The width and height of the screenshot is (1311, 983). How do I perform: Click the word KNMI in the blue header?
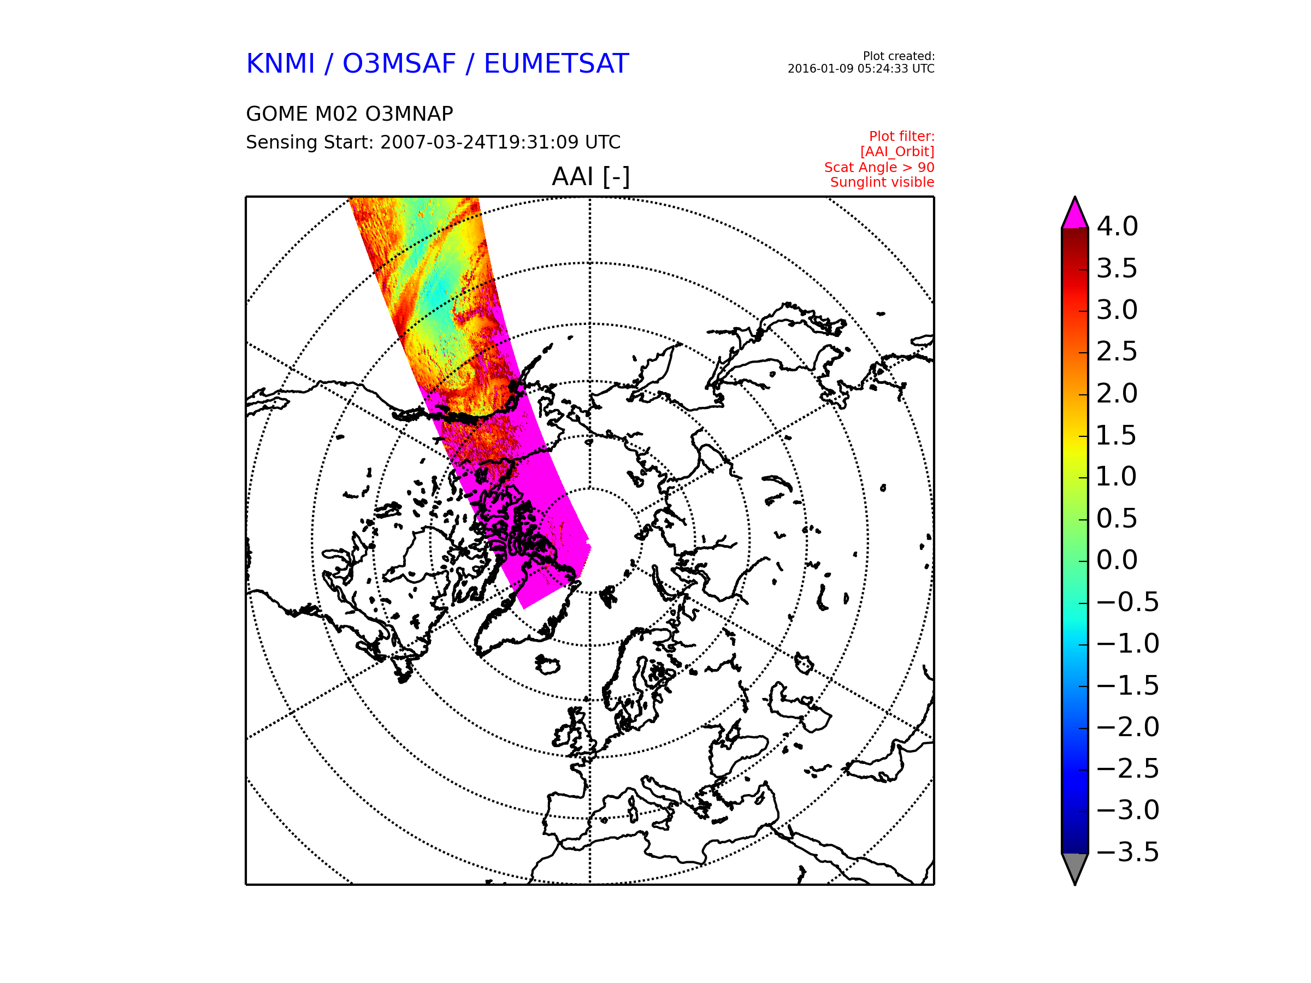coord(280,63)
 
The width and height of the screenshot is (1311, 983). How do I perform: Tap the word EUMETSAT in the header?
coord(556,63)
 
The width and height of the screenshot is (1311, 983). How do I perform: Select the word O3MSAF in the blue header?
coord(399,63)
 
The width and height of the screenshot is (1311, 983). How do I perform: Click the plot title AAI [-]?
coord(590,176)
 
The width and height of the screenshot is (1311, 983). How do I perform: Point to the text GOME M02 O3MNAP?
coord(350,114)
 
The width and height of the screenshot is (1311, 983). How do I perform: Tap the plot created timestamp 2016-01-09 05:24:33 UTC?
coord(860,69)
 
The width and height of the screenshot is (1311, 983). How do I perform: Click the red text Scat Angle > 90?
coord(879,168)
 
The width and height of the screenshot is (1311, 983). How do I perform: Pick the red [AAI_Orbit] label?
coord(897,152)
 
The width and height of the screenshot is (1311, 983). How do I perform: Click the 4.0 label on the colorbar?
coord(1117,226)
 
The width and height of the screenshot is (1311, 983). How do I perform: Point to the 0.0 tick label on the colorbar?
coord(1117,560)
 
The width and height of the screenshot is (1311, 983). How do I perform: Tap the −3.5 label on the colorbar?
coord(1128,852)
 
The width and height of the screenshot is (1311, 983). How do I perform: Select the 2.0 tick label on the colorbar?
coord(1117,393)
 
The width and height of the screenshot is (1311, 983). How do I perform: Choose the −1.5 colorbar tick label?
coord(1128,685)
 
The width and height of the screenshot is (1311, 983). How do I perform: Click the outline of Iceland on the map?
coord(547,665)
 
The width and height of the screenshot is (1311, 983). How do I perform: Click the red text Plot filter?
coord(901,137)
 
